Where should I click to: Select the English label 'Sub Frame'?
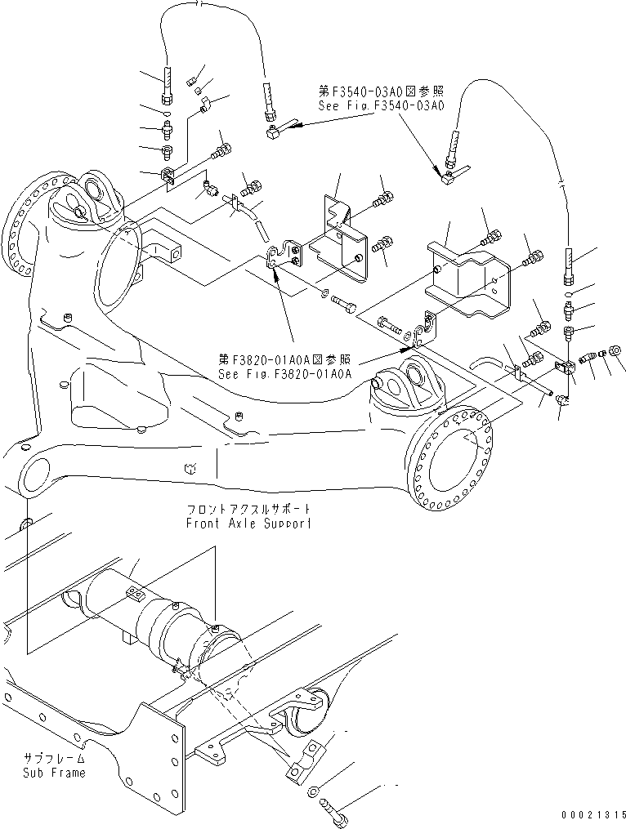point(55,773)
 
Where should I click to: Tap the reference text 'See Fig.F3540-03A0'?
point(382,105)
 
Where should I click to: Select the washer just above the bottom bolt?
point(315,791)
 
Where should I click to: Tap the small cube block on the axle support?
point(190,469)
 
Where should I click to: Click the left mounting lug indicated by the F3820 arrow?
point(283,255)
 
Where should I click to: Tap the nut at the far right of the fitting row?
point(616,352)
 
